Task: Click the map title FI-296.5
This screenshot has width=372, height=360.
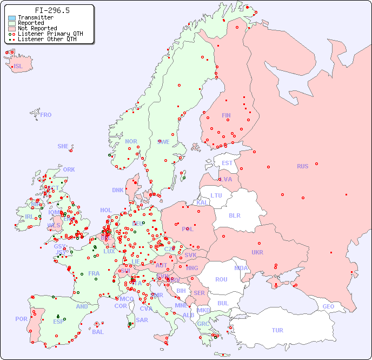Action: click(52, 10)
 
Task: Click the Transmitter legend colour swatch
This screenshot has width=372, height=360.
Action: click(12, 18)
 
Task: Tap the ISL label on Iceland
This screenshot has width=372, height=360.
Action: click(18, 67)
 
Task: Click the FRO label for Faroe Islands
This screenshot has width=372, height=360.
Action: click(46, 115)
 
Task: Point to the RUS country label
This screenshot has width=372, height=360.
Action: click(302, 166)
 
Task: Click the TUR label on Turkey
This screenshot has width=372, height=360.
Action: click(277, 330)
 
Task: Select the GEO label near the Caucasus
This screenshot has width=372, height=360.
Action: click(328, 306)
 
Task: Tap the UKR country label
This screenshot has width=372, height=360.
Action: click(257, 252)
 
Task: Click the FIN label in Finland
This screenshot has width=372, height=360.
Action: click(226, 115)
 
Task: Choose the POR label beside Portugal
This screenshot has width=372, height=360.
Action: click(21, 319)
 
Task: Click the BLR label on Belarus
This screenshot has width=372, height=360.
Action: click(234, 215)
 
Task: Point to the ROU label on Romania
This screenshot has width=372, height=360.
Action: click(221, 279)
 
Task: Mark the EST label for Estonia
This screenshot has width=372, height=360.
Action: click(227, 163)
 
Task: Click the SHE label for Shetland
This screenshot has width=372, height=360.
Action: click(63, 146)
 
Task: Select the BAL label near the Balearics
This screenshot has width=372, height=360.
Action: click(97, 332)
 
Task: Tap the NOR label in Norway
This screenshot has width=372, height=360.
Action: click(131, 141)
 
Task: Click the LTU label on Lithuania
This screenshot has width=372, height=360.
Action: click(216, 195)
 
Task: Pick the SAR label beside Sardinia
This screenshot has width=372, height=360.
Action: click(142, 320)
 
